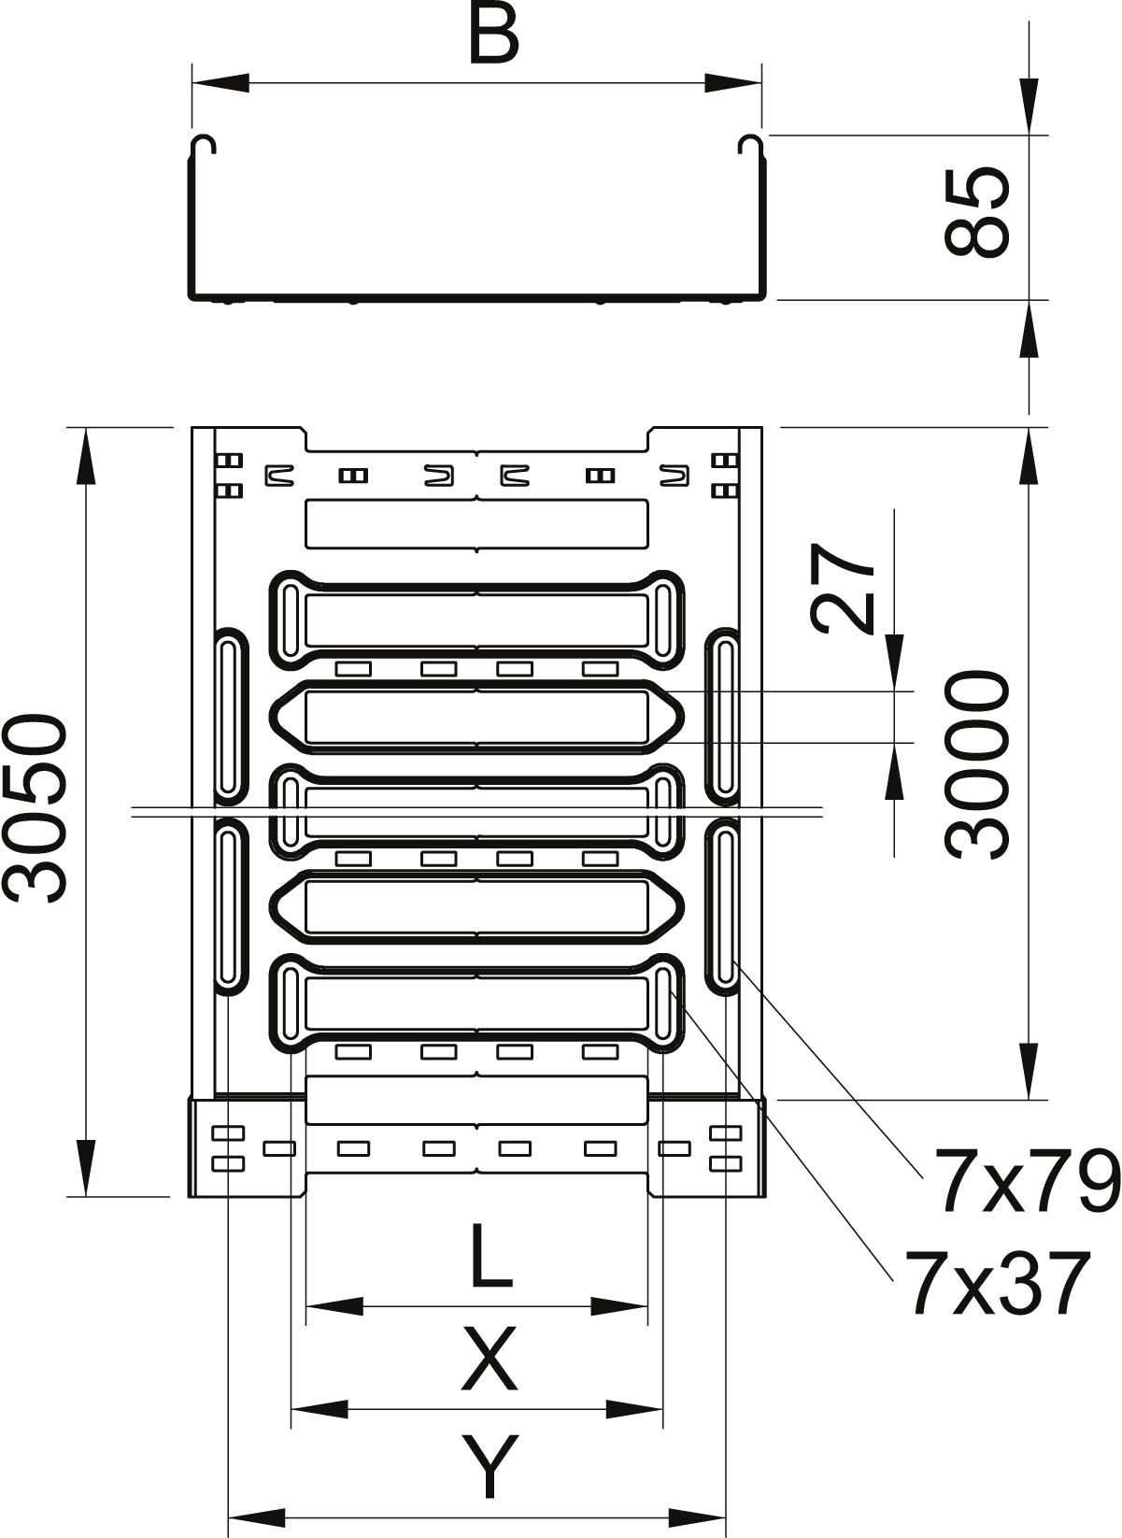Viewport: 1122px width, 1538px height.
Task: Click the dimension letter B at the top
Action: click(493, 36)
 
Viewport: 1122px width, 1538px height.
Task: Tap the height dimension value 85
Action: click(977, 212)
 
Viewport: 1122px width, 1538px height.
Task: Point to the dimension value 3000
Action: click(977, 765)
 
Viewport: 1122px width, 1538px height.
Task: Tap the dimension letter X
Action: click(490, 1360)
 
